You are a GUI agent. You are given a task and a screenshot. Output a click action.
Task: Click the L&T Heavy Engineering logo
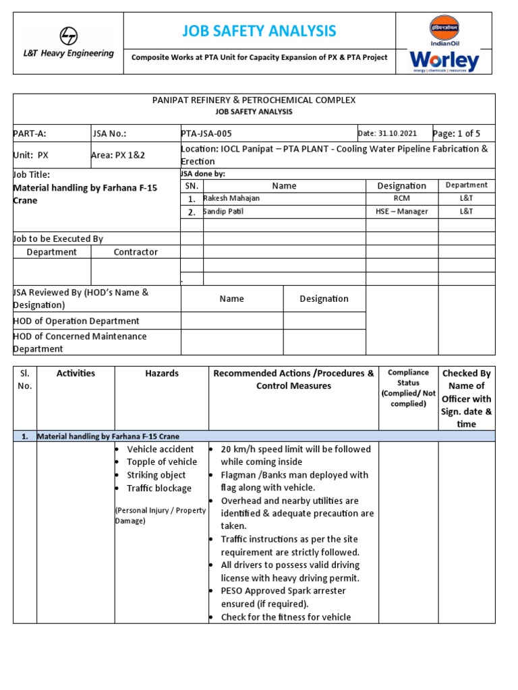tap(68, 42)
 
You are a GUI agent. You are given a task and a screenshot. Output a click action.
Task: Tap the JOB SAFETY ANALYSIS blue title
tap(259, 31)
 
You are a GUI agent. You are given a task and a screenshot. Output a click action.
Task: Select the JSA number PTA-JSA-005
tap(207, 133)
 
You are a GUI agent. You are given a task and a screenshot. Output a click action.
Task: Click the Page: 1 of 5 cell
tap(458, 133)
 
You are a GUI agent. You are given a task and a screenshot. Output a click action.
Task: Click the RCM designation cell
tap(401, 199)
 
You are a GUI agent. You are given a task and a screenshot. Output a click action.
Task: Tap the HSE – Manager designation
tap(401, 212)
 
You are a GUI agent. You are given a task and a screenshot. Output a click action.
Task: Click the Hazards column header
tap(162, 373)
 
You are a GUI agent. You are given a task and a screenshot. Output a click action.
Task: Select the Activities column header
tap(76, 373)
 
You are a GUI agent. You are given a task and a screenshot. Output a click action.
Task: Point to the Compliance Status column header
tap(408, 387)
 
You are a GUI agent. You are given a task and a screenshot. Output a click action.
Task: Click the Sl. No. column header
tap(25, 379)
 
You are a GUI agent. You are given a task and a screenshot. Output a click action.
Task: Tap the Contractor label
tap(136, 252)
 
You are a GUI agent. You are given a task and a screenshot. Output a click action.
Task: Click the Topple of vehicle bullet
tap(162, 462)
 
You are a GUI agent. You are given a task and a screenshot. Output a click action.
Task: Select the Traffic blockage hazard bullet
tap(159, 489)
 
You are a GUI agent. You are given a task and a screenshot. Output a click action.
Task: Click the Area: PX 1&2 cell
tap(118, 155)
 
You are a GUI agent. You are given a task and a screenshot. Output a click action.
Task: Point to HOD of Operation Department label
tap(76, 321)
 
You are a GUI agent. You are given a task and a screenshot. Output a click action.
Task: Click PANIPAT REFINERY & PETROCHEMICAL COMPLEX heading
tap(254, 100)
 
